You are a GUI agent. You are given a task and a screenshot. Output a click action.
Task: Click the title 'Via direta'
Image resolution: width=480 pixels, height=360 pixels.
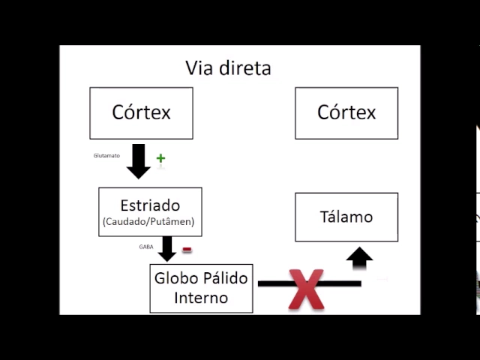(228, 68)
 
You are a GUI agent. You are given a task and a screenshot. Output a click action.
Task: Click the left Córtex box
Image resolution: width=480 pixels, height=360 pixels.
(141, 112)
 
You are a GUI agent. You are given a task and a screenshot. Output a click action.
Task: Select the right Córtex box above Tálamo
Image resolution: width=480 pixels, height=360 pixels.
(346, 112)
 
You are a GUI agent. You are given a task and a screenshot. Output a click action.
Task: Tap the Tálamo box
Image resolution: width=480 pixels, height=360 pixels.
(346, 217)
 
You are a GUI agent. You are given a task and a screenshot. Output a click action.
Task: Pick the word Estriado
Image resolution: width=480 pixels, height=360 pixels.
(150, 205)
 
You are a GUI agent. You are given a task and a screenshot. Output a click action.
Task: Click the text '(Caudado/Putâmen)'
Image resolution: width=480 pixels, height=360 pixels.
(150, 222)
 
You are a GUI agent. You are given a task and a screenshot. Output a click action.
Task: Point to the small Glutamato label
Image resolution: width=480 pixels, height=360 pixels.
(106, 156)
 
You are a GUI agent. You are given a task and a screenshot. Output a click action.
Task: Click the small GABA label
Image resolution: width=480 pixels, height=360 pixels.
(146, 246)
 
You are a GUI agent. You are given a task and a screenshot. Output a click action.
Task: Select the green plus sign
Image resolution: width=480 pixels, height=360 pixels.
(160, 158)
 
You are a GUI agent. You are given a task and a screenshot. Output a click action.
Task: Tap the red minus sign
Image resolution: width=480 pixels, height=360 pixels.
(187, 250)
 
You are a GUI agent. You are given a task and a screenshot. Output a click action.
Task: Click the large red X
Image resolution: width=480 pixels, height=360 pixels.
(306, 289)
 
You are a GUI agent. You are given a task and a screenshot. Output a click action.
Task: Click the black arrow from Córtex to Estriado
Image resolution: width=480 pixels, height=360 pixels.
(139, 161)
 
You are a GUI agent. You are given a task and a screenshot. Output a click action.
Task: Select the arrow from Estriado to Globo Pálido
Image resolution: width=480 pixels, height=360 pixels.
(166, 249)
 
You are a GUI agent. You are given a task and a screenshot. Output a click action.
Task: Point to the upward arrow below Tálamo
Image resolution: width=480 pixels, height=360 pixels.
(359, 259)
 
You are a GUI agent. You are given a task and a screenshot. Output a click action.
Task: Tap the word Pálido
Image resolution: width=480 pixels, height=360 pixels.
(224, 278)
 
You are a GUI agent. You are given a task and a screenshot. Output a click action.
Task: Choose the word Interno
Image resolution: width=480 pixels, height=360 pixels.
(201, 298)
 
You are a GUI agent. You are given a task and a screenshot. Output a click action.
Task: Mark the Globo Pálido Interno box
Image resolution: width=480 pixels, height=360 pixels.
(201, 288)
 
